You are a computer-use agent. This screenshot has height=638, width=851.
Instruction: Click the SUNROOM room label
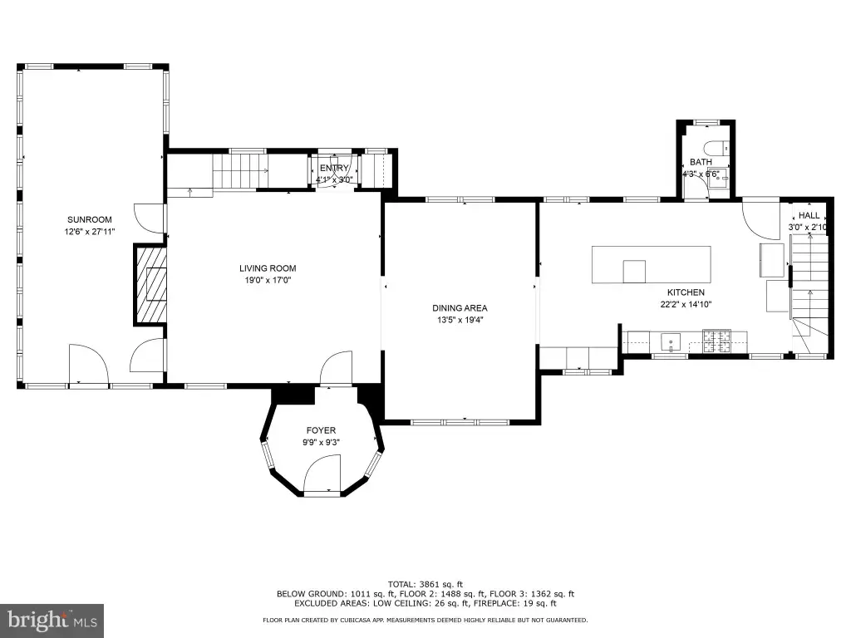tap(90, 219)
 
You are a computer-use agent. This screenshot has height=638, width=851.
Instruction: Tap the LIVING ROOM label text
tap(268, 268)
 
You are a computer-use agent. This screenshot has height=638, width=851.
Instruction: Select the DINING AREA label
tap(460, 308)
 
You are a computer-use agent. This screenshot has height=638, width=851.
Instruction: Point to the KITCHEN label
tap(686, 292)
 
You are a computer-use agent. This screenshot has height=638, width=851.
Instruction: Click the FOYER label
tap(321, 430)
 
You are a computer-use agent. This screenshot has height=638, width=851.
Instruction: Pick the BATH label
tap(701, 162)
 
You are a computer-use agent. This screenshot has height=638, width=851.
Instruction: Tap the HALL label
tap(809, 215)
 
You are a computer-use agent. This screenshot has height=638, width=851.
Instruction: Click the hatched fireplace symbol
tap(151, 285)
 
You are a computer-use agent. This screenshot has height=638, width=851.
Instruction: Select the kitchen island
tap(652, 264)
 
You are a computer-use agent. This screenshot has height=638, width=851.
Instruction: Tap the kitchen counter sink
tap(671, 341)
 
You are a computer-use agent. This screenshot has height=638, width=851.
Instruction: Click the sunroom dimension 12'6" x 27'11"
tap(90, 232)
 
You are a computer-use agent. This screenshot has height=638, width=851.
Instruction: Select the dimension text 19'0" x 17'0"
tap(268, 280)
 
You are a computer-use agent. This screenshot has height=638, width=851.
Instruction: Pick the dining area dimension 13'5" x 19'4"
tap(460, 320)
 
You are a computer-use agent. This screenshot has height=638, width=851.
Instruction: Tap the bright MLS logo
tap(52, 621)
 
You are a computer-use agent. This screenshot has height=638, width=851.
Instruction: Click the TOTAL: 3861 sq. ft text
tap(425, 584)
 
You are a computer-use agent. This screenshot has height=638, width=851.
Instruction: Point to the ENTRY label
tap(334, 168)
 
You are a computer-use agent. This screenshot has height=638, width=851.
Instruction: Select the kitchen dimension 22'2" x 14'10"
tap(686, 304)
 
